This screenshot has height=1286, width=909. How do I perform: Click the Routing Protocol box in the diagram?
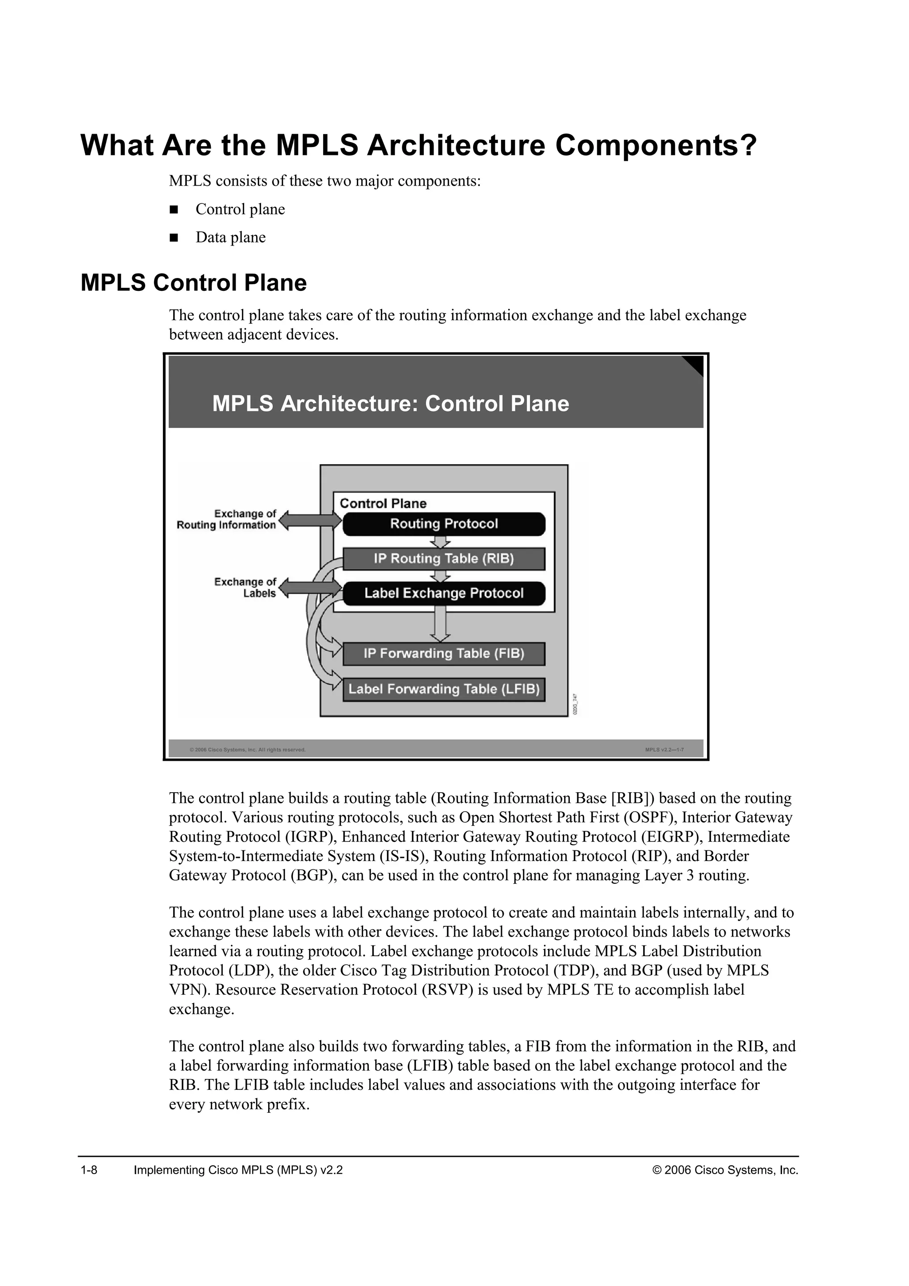pyautogui.click(x=443, y=524)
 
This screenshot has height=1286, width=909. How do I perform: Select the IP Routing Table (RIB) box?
pyautogui.click(x=443, y=559)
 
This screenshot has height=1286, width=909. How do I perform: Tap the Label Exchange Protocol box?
pyautogui.click(x=443, y=594)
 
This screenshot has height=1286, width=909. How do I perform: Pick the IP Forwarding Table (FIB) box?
pyautogui.click(x=443, y=654)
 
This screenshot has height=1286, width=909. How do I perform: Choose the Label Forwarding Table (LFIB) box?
pyautogui.click(x=443, y=690)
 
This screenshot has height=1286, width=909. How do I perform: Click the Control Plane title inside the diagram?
pyautogui.click(x=383, y=504)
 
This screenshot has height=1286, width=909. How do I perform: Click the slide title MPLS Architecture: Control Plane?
pyautogui.click(x=390, y=404)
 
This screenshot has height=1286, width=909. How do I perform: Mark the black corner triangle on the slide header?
pyautogui.click(x=695, y=364)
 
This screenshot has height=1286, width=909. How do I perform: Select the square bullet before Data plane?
pyautogui.click(x=174, y=238)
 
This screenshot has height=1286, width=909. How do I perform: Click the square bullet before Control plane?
pyautogui.click(x=174, y=210)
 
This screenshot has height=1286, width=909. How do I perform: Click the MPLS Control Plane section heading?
pyautogui.click(x=194, y=283)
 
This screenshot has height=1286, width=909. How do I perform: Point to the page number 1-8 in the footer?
pyautogui.click(x=89, y=1170)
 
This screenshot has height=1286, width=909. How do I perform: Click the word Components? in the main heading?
pyautogui.click(x=656, y=146)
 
